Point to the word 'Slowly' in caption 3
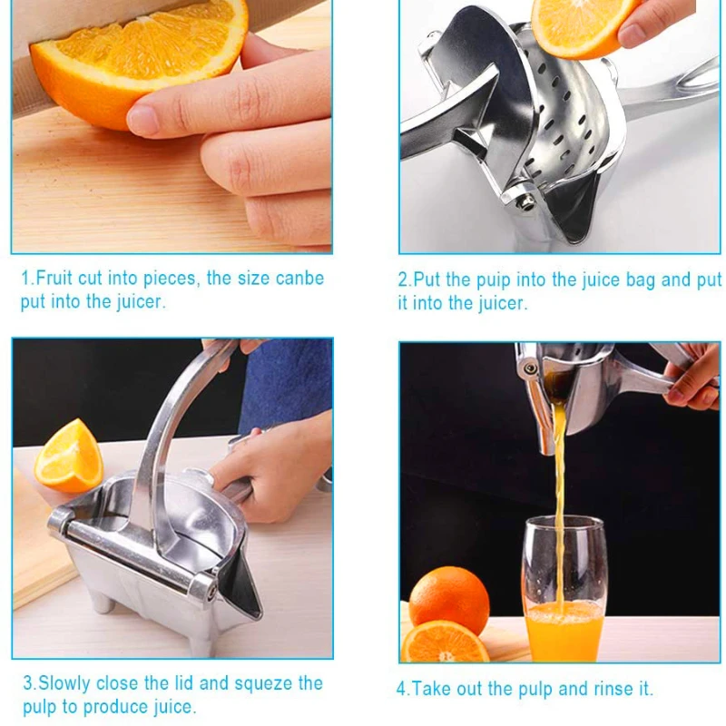pyautogui.click(x=64, y=682)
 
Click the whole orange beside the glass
pyautogui.click(x=449, y=599)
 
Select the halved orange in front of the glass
pyautogui.click(x=445, y=642)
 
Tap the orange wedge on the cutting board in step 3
pyautogui.click(x=69, y=456)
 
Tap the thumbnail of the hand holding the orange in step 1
pyautogui.click(x=143, y=120)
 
